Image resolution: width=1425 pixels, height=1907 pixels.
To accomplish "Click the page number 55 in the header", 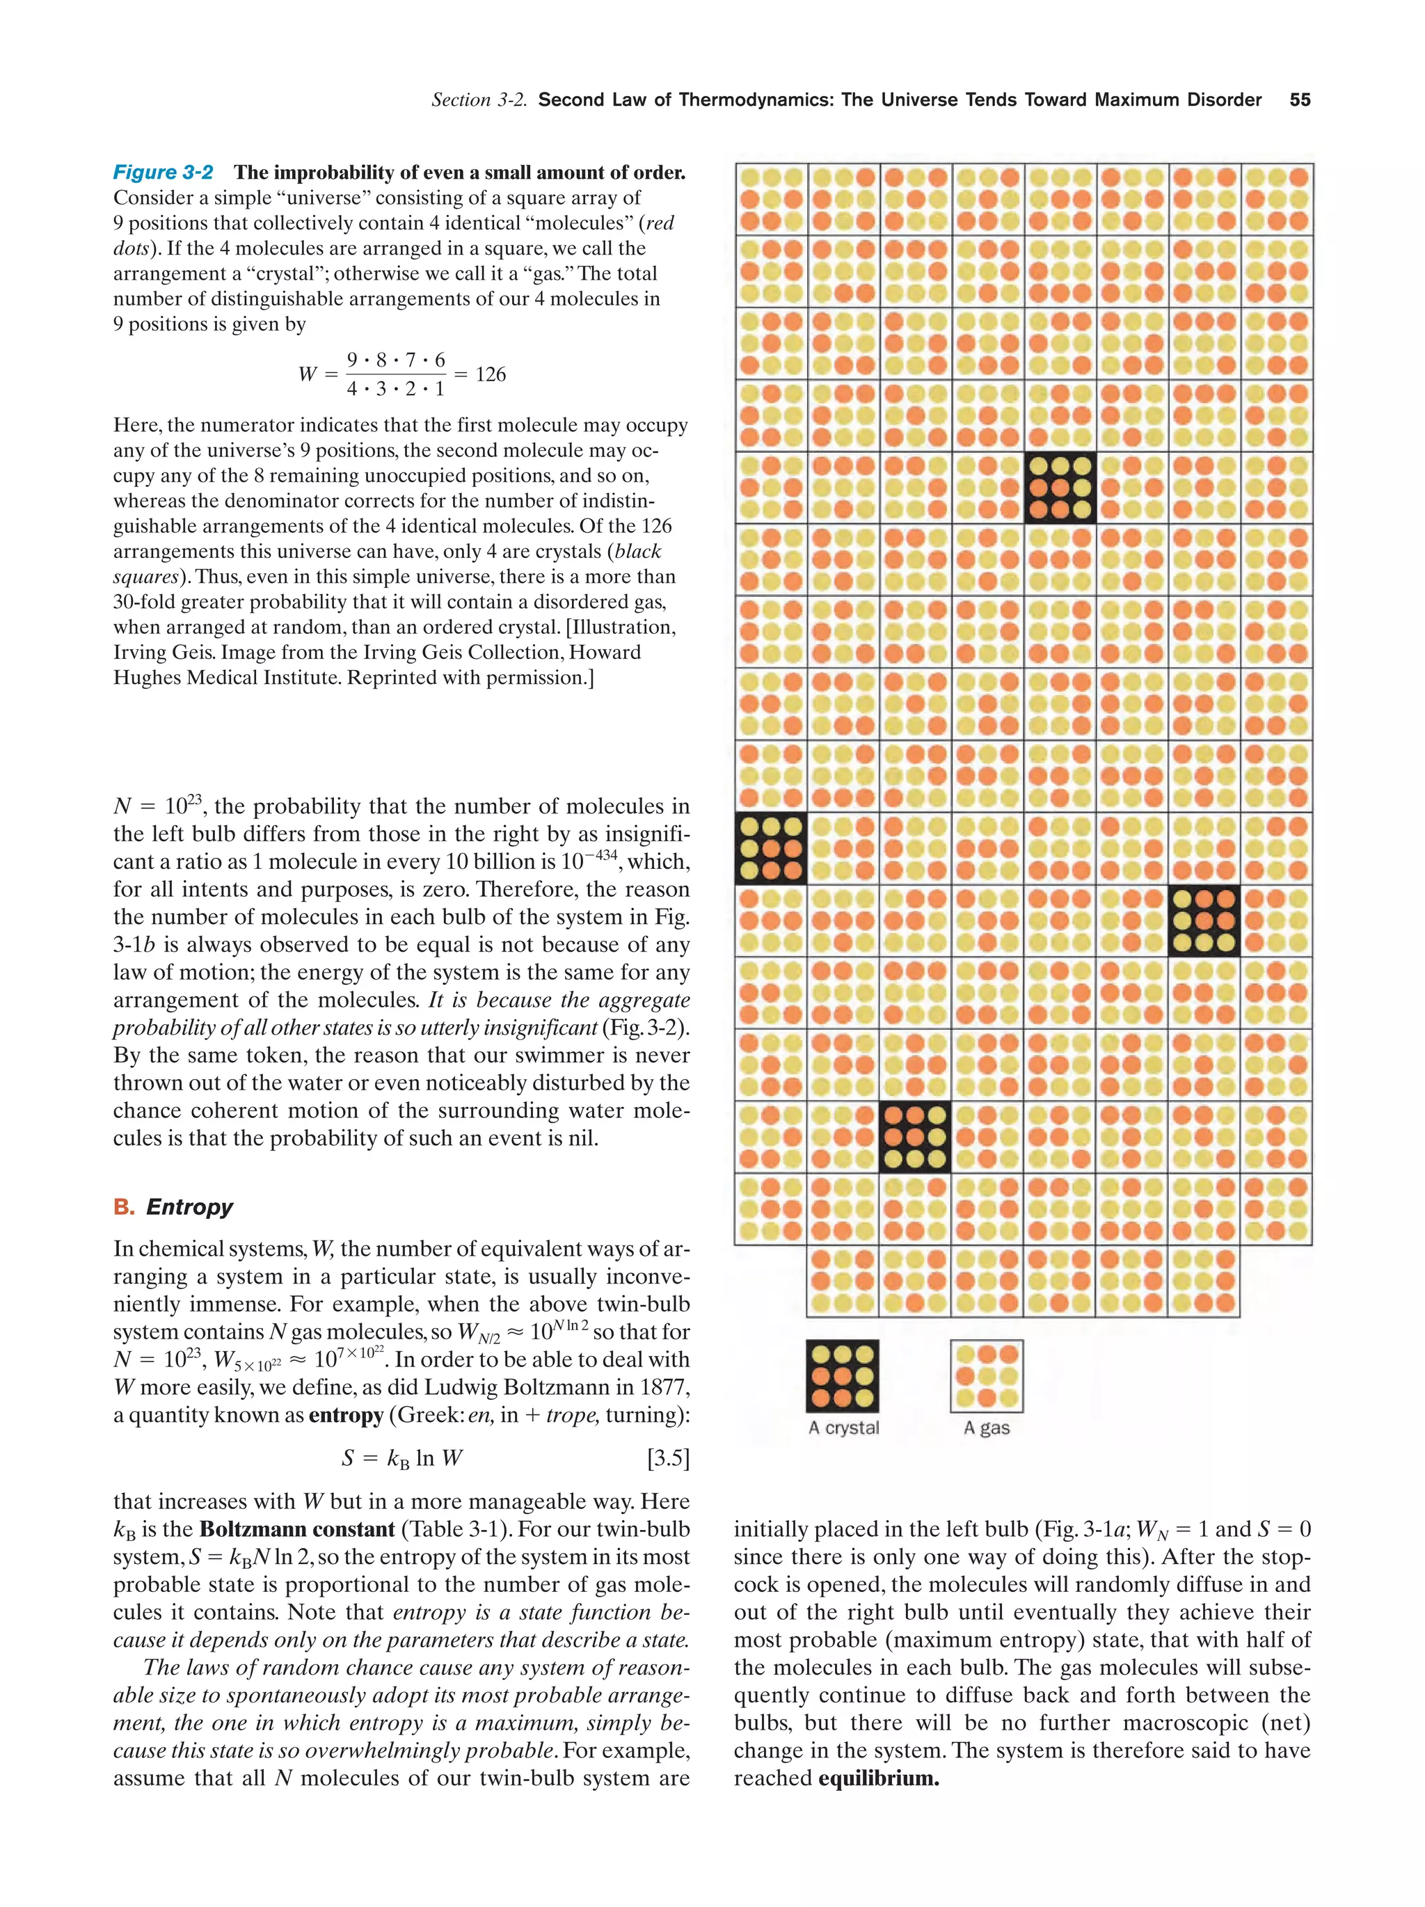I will [1299, 100].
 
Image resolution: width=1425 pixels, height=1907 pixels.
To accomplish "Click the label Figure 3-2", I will [163, 173].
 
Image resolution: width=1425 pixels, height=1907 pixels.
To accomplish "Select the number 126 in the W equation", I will [491, 374].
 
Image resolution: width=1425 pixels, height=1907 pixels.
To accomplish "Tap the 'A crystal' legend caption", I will [843, 1428].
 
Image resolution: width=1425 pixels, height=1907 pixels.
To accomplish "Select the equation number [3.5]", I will [667, 1458].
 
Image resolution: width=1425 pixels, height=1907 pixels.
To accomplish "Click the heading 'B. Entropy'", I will [173, 1206].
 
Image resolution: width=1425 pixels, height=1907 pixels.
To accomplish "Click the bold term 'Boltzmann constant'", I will [296, 1529].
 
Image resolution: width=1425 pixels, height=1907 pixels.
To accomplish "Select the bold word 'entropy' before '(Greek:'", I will [346, 1414].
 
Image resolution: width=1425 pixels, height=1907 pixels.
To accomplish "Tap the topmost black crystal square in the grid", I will [1060, 488].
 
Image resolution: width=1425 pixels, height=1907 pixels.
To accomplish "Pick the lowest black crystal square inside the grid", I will [915, 1137].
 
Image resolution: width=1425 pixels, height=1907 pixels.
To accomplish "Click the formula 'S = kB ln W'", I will [401, 1458].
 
